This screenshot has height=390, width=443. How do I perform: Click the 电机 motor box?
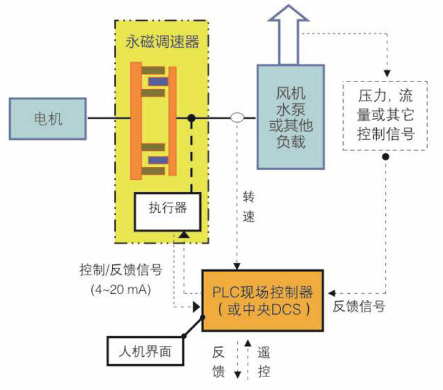pos(48,118)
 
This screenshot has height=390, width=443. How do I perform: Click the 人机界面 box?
pos(146,351)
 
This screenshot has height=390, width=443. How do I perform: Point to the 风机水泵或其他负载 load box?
pos(290,117)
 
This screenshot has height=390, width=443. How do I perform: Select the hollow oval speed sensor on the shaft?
pos(237,118)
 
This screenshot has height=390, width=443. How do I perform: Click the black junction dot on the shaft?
pos(191,118)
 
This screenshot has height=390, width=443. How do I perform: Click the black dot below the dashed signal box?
pos(385,157)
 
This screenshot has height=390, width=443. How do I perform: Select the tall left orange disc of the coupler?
pos(136,119)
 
